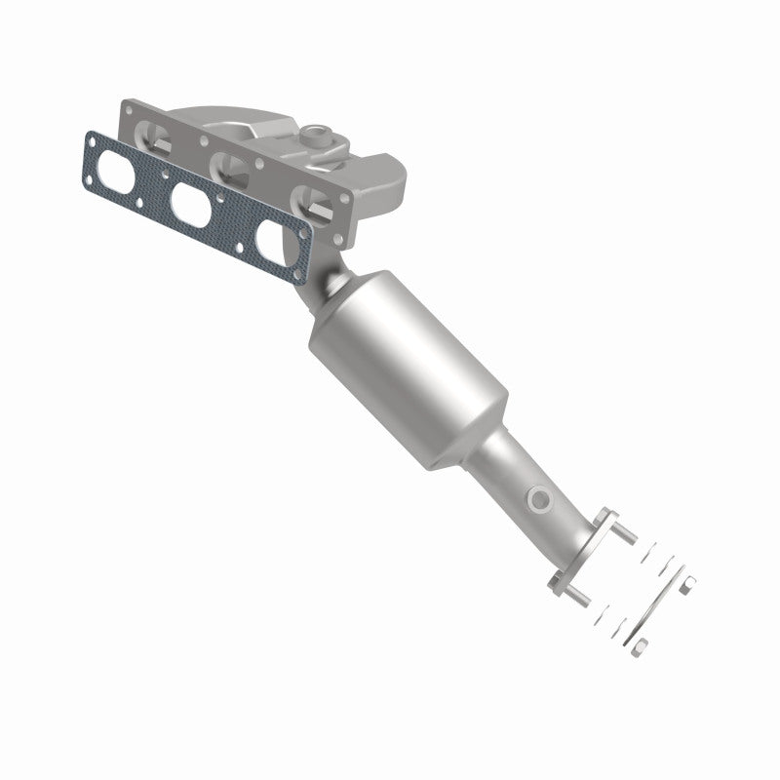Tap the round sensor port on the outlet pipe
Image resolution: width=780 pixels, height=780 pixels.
(537, 500)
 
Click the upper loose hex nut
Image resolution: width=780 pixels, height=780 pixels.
(688, 584)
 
